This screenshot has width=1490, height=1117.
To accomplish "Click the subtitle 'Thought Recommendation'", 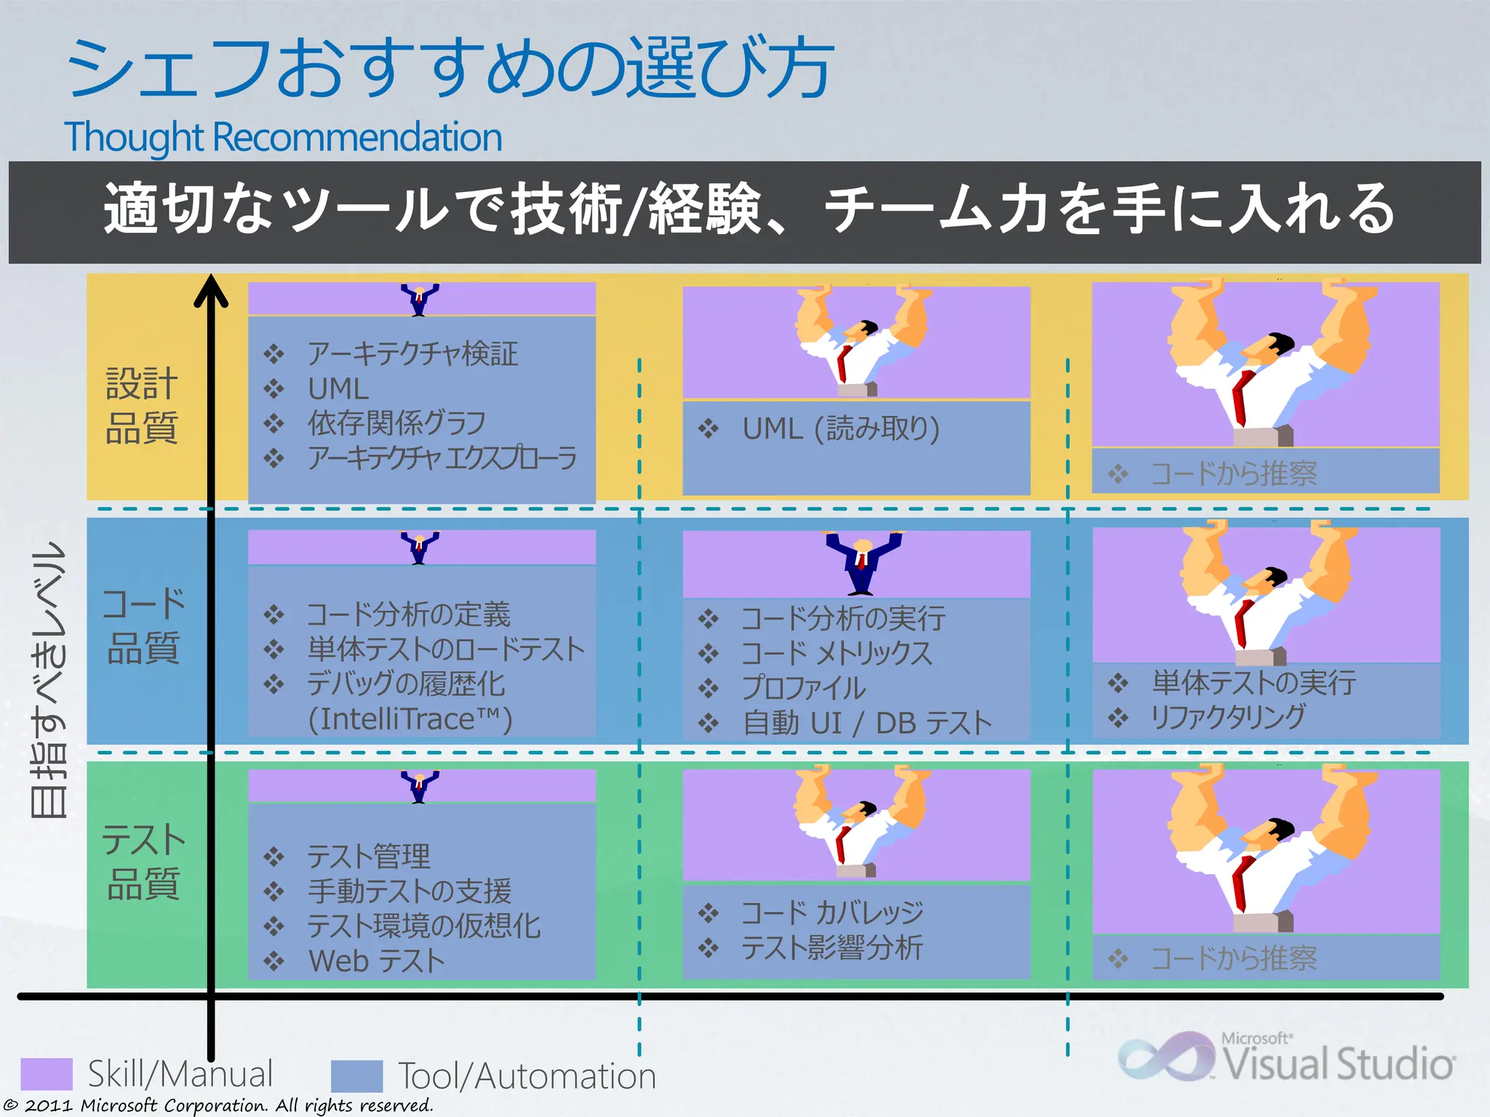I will (283, 137).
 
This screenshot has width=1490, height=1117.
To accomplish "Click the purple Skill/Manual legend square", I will (47, 1073).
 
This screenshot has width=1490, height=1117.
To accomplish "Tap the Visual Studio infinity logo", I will (1166, 1058).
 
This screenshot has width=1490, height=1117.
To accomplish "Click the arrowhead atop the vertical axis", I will (211, 291).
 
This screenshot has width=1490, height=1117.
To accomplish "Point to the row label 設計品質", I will (142, 405).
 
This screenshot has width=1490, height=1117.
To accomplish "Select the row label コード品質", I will (143, 626).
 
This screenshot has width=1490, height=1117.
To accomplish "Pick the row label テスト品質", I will (143, 862).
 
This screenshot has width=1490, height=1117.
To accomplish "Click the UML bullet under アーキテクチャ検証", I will (338, 389).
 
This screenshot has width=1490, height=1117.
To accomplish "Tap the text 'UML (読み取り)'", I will (840, 429).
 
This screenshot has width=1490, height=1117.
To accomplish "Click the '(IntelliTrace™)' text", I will (410, 719).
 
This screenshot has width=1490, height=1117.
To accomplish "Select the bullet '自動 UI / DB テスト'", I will (866, 724).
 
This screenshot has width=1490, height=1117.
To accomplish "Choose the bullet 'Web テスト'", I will (376, 961).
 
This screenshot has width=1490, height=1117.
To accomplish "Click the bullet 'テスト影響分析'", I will (832, 948).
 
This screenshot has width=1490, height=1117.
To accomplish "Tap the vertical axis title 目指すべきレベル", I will (49, 680).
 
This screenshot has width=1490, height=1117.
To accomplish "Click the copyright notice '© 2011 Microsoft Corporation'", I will (218, 1105).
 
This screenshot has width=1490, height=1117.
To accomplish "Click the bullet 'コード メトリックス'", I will (836, 653).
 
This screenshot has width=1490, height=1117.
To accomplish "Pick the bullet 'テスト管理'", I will (368, 857).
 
